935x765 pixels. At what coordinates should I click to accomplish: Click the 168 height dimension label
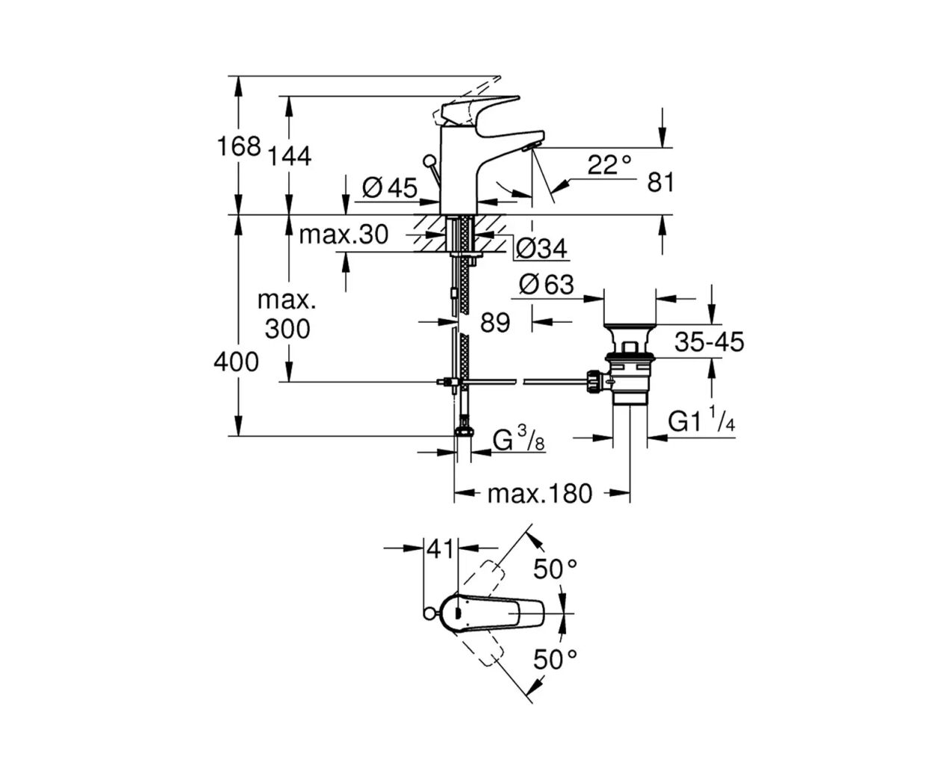(238, 146)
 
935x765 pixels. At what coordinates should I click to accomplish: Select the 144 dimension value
(288, 156)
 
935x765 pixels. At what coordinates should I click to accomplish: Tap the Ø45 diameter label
(390, 188)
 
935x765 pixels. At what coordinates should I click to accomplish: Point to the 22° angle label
(609, 164)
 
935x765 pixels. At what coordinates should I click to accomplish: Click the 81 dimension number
(660, 182)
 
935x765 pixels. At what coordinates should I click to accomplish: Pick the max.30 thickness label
(344, 235)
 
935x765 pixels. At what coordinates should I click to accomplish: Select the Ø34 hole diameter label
(541, 248)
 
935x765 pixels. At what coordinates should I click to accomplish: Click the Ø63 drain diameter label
(547, 285)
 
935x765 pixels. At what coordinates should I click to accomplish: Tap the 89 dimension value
(495, 323)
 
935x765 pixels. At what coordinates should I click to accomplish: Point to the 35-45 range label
(709, 342)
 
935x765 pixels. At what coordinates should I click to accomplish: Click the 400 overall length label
(236, 362)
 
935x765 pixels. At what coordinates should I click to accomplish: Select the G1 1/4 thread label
(701, 423)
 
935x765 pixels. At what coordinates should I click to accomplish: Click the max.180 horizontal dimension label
(539, 493)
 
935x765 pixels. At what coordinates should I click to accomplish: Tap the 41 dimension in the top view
(441, 549)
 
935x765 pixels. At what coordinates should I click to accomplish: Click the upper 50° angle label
(555, 569)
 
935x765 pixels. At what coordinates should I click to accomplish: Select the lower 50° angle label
(555, 660)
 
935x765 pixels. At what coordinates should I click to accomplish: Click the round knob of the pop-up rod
(430, 161)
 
